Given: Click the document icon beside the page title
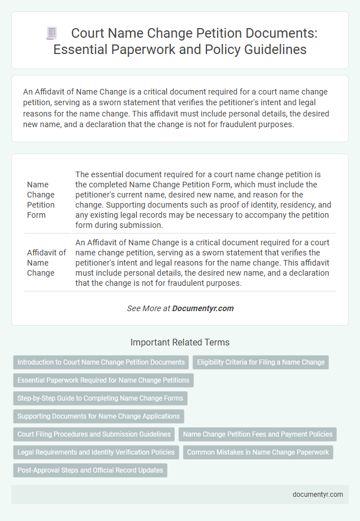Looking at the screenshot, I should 51,34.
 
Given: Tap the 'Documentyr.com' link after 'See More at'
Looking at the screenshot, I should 203,308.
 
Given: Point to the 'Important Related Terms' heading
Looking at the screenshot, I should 180,342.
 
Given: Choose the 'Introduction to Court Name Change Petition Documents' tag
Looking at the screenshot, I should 101,362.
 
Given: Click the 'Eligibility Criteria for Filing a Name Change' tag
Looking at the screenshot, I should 260,362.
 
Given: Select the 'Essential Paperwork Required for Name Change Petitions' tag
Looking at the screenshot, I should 103,380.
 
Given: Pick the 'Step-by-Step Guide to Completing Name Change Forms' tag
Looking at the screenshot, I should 100,398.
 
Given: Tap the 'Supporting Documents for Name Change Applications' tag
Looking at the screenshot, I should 98,416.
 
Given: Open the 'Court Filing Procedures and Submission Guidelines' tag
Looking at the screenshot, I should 94,434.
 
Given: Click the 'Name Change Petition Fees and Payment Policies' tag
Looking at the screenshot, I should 258,434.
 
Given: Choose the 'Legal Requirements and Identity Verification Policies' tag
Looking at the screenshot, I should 96,452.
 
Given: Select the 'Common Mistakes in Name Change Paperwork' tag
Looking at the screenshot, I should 258,452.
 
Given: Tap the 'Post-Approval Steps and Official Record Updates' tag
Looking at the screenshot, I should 90,470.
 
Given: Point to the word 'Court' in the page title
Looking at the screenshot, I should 89,33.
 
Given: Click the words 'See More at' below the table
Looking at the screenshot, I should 148,308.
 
